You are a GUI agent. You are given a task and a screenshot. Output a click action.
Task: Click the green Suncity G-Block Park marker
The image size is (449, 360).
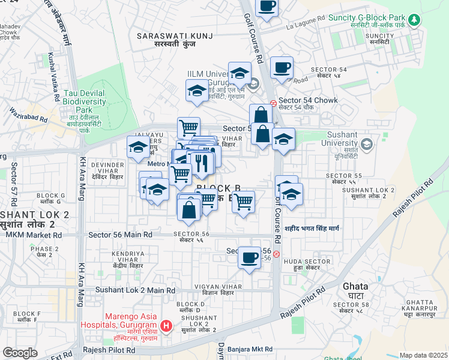[x=414, y=20]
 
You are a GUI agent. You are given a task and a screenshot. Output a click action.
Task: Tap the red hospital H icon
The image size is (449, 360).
[x=167, y=326]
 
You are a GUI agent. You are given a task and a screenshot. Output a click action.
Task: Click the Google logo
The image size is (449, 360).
[x=20, y=353]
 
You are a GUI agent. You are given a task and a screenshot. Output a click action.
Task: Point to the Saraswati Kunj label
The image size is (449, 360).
[x=175, y=41]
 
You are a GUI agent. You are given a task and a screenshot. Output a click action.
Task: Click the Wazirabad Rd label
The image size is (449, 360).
[x=28, y=115]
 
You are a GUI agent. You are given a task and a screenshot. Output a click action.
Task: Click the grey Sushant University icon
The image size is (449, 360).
[x=367, y=144]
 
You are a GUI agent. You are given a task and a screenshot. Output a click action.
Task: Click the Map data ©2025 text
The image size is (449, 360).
[x=423, y=355]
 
